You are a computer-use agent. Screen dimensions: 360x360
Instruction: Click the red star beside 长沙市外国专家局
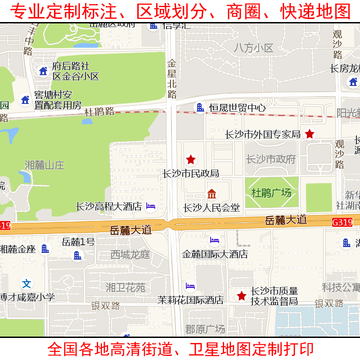click(x=310, y=134)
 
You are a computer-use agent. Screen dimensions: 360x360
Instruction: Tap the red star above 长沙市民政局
click(x=191, y=159)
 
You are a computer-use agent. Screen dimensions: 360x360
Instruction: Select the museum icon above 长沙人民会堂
click(x=212, y=194)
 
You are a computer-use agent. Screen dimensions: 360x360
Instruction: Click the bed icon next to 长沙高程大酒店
click(x=151, y=206)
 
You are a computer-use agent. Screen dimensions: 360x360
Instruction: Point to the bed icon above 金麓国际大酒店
click(x=215, y=240)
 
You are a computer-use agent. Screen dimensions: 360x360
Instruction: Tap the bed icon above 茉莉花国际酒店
click(x=191, y=286)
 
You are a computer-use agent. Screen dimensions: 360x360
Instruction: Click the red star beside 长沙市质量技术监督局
click(x=242, y=296)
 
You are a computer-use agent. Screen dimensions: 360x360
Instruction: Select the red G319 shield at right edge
click(x=342, y=222)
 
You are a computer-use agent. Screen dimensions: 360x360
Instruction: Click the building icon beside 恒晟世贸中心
click(x=199, y=108)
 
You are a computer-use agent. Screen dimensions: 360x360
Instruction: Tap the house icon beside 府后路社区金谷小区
click(x=43, y=71)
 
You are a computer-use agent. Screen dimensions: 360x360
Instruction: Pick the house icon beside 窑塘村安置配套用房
click(x=25, y=100)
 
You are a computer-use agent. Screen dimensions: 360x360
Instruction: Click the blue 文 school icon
click(x=27, y=283)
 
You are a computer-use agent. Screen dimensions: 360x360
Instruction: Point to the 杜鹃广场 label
click(x=271, y=193)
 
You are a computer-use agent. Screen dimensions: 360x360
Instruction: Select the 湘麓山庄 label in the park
click(x=45, y=165)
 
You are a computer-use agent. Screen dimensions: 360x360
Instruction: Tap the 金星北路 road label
click(x=172, y=79)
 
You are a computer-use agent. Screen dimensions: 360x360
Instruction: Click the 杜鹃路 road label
click(x=99, y=111)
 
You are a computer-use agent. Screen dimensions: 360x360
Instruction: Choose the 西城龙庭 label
click(x=130, y=255)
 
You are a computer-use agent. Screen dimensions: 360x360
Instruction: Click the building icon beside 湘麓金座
click(x=45, y=248)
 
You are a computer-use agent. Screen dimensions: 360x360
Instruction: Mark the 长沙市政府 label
click(x=271, y=159)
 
